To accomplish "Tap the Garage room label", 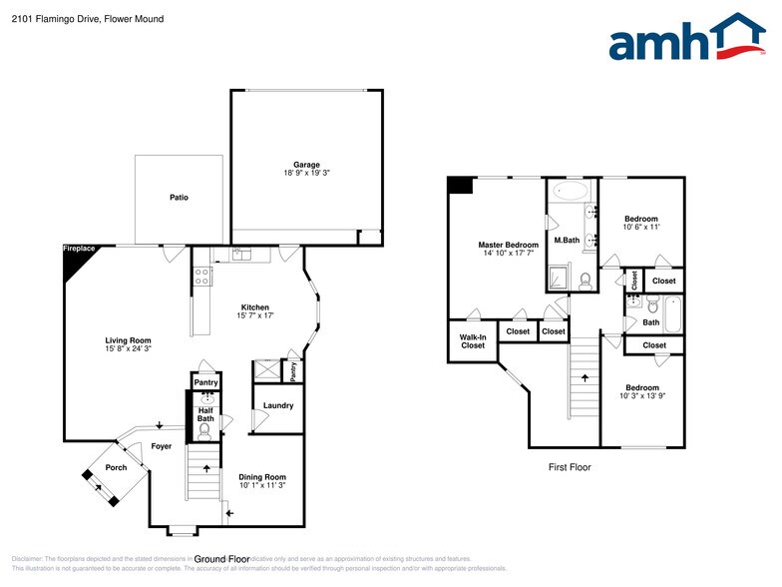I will pos(306,165).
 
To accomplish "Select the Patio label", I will pos(179,198).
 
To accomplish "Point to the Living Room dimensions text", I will pos(129,349).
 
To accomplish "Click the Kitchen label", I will pos(254,306).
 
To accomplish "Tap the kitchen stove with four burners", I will pos(201,277).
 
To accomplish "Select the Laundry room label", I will pos(278,405).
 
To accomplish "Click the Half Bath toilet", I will pos(205,431).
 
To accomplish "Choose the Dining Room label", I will pos(262,477).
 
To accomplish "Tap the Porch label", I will pos(117,467).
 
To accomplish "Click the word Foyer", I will pos(161,446).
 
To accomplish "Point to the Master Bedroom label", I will pos(508,245).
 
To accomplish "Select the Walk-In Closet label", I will pos(473,341).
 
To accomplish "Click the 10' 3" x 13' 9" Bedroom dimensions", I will pos(641,396).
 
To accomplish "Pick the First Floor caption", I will pos(570,467).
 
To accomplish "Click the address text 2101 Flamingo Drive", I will pos(61,19).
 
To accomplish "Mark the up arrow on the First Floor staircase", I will pos(585,376).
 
